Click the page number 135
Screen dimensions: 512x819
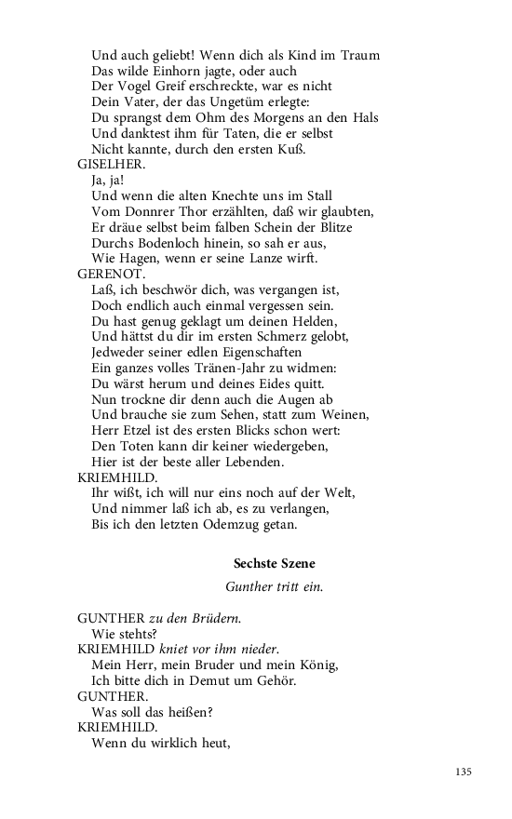pyautogui.click(x=465, y=772)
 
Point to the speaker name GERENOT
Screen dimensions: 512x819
pyautogui.click(x=111, y=275)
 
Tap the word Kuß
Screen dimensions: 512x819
pyautogui.click(x=318, y=149)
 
